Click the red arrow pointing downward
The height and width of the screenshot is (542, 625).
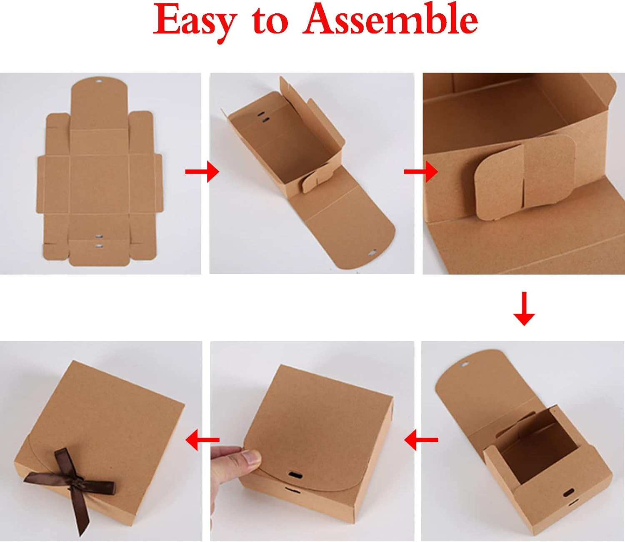pyautogui.click(x=524, y=309)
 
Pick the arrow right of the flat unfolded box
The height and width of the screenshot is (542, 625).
pyautogui.click(x=202, y=171)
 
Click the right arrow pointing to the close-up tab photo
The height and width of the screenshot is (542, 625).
pyautogui.click(x=421, y=171)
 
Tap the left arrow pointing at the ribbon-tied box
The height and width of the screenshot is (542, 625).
pyautogui.click(x=202, y=440)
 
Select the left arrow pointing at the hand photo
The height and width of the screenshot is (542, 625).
pyautogui.click(x=421, y=440)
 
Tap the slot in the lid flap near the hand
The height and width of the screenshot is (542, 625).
pyautogui.click(x=295, y=474)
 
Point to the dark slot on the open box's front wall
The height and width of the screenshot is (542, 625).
pyautogui.click(x=567, y=493)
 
